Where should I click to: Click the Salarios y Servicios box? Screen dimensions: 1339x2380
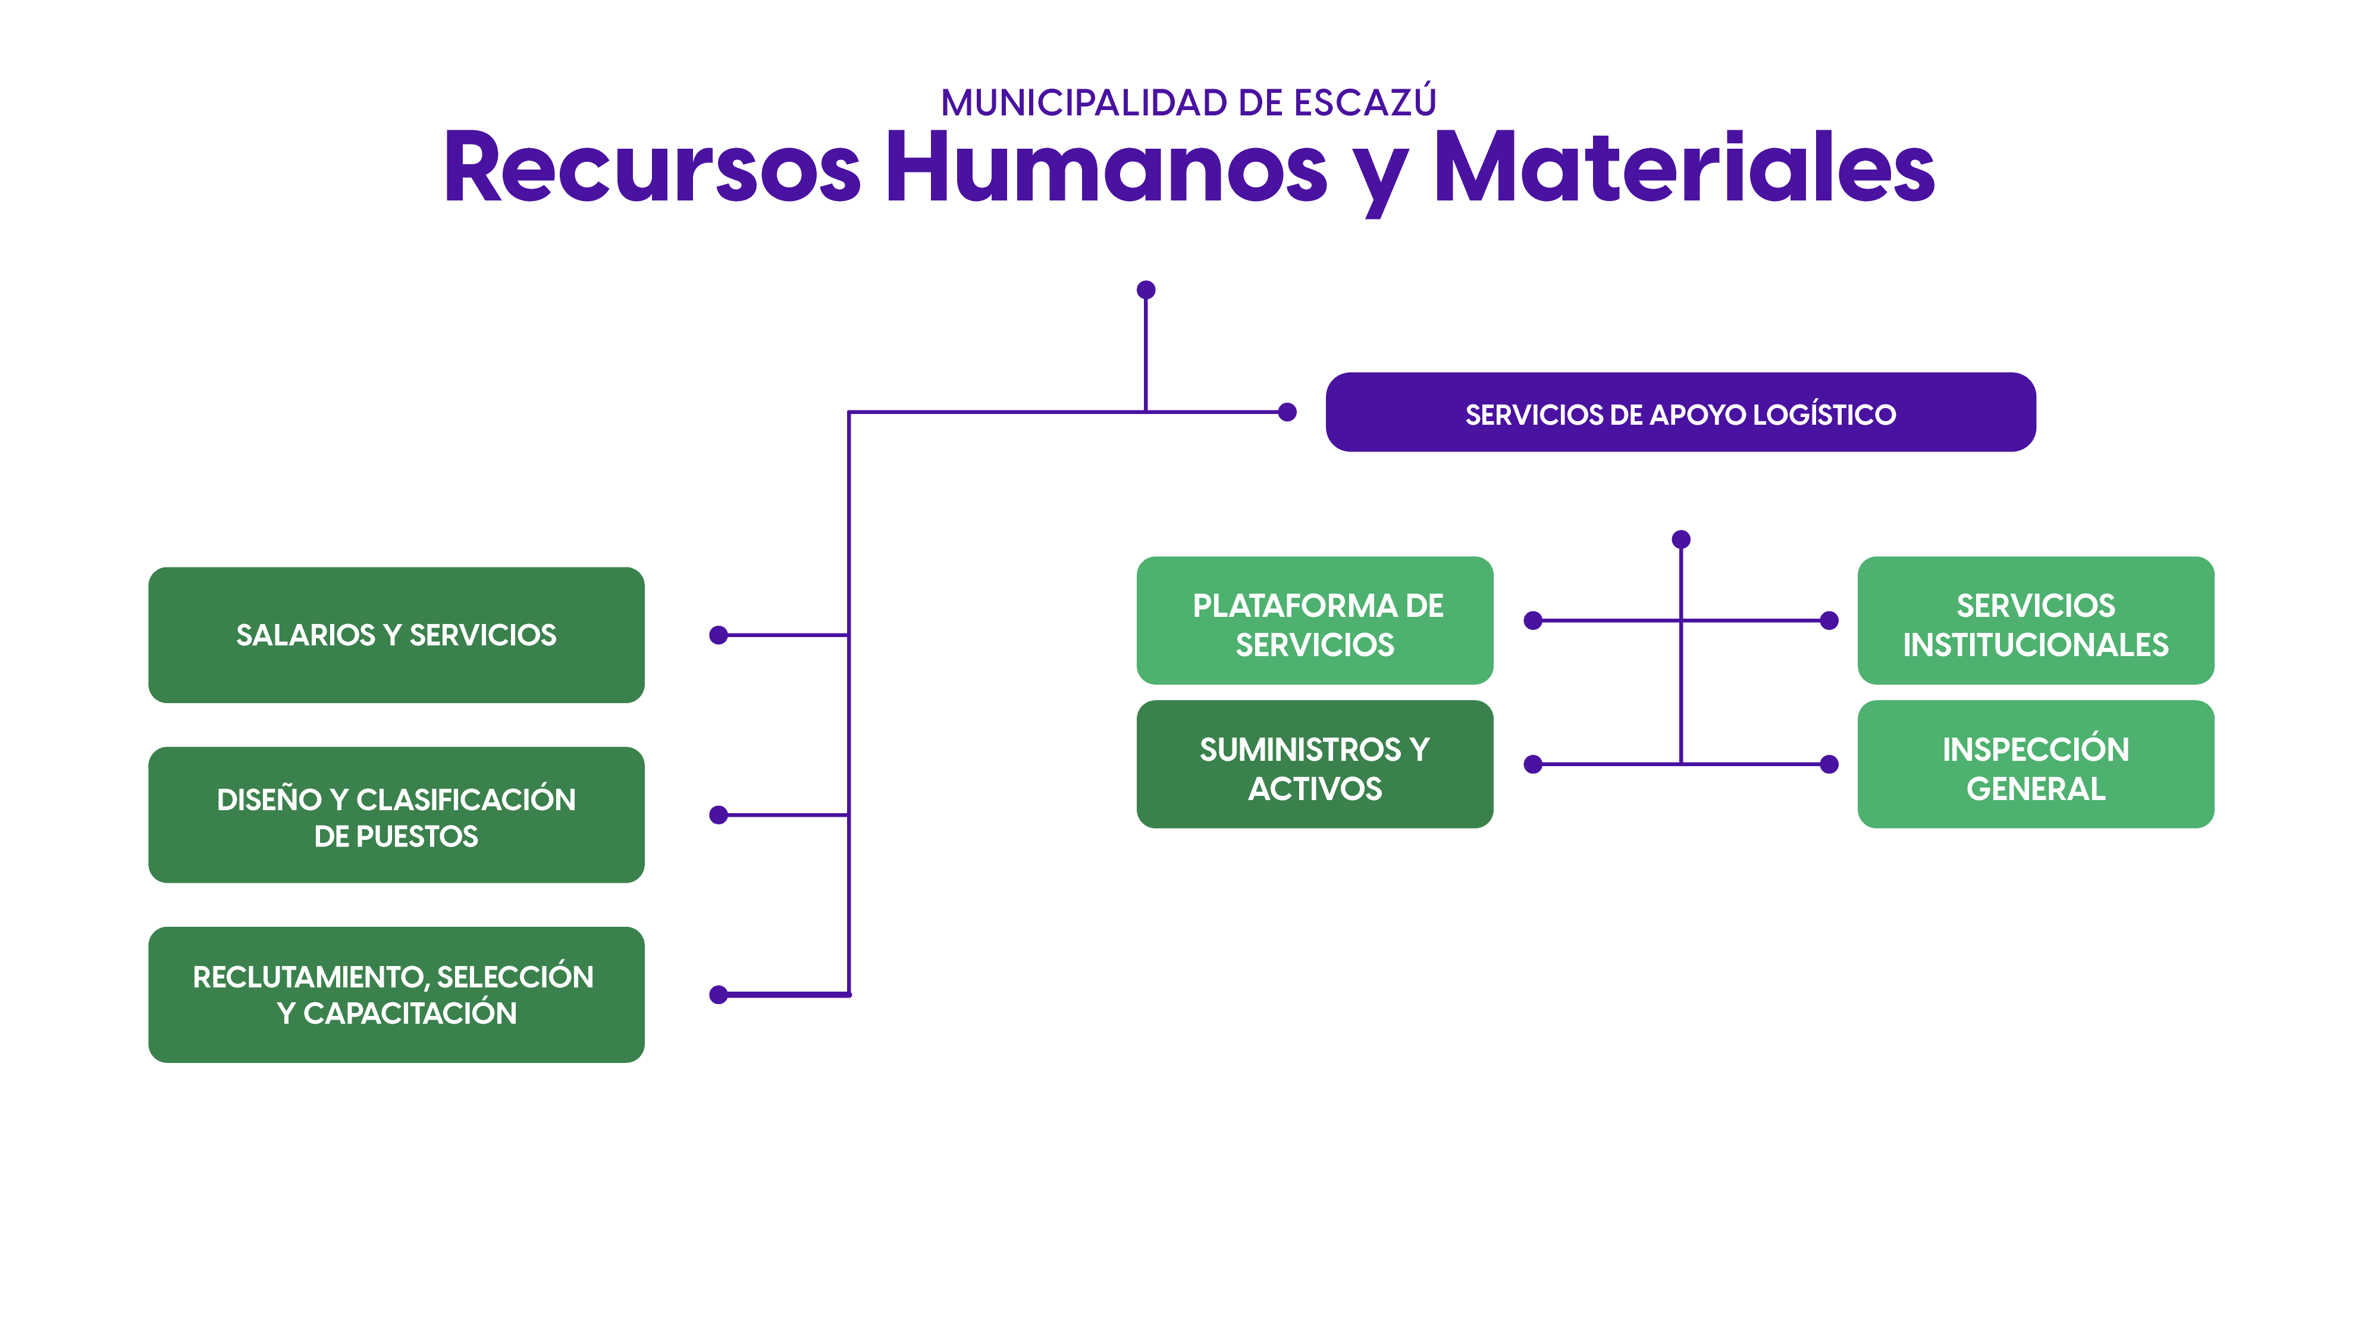click(x=396, y=635)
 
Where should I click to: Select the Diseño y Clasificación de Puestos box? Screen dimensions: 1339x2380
click(x=396, y=815)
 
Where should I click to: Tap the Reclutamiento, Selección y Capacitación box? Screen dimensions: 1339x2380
click(x=396, y=995)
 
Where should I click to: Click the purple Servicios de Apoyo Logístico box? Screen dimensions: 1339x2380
click(x=1680, y=412)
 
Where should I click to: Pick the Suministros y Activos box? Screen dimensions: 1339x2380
click(x=1314, y=764)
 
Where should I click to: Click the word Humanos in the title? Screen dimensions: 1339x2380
click(x=1106, y=168)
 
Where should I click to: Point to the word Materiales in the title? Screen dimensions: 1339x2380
click(x=1683, y=168)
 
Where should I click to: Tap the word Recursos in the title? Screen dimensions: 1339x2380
click(x=653, y=168)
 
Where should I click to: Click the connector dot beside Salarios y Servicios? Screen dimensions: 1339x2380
click(x=719, y=635)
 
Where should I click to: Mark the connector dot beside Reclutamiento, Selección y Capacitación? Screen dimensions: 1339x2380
click(x=719, y=995)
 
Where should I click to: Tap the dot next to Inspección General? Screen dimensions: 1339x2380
click(x=1829, y=764)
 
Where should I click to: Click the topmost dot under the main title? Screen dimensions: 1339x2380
click(x=1146, y=290)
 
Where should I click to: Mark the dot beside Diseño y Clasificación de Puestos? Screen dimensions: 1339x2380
click(x=719, y=815)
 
